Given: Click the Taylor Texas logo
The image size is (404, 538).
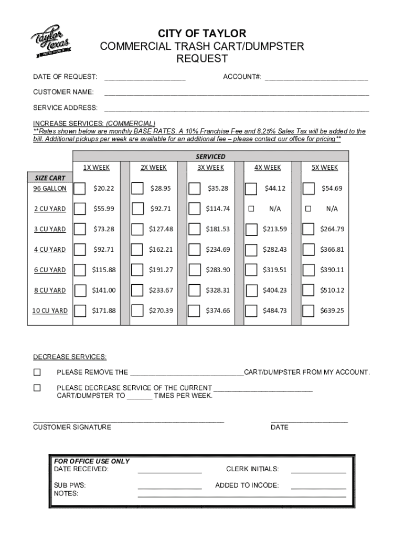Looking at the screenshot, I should (49, 40).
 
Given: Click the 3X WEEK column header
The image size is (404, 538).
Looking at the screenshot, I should (210, 168).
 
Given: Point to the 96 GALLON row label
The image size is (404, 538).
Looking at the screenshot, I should (50, 189).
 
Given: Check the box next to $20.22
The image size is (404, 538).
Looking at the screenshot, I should (80, 189).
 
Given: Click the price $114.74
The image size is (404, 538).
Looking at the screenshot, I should (218, 209).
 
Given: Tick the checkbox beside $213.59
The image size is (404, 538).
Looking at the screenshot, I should (252, 229).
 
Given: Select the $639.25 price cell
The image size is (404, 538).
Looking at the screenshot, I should (332, 311).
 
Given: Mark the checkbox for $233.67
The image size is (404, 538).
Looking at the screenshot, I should (137, 290).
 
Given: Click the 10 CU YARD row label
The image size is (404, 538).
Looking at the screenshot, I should (50, 311).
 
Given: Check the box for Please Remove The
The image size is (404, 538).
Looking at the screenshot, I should (37, 373).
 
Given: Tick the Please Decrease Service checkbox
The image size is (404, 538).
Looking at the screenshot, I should (37, 388).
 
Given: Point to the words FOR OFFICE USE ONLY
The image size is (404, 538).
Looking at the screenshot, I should (92, 461).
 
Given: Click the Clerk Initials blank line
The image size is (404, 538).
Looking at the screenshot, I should (318, 472).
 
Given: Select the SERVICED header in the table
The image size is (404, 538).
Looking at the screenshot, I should (210, 157).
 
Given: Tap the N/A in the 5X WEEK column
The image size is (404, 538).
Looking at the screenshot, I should (332, 209).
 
